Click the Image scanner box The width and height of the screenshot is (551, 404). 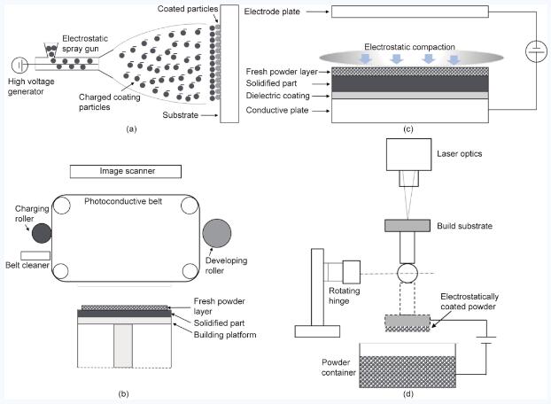tap(126, 171)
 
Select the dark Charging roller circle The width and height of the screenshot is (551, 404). tap(41, 233)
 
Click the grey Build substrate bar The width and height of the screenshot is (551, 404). tap(408, 226)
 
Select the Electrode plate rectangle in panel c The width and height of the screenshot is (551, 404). tap(409, 12)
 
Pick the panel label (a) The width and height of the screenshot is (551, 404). tap(131, 128)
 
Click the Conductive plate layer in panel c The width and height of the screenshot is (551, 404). tap(408, 111)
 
